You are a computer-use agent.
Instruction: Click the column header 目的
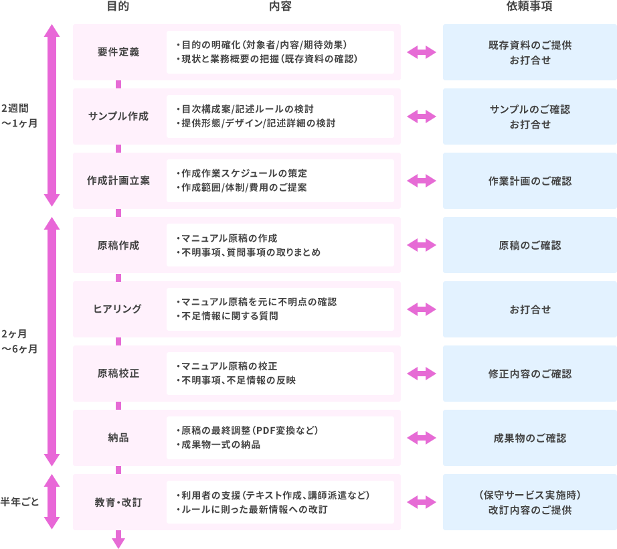[118, 7]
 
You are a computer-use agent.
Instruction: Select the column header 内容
[280, 7]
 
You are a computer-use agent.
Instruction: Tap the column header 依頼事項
[529, 7]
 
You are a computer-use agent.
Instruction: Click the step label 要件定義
[118, 52]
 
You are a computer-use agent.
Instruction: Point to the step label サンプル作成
[118, 116]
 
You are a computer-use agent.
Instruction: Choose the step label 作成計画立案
[118, 181]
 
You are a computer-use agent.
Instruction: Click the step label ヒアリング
[118, 309]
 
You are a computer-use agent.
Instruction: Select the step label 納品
[118, 438]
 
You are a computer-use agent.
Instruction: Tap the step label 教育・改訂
[118, 502]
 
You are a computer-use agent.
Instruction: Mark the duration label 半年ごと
[21, 501]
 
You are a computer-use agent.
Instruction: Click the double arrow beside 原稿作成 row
[422, 245]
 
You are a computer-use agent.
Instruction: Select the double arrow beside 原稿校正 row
[422, 374]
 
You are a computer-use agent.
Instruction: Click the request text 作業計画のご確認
[529, 181]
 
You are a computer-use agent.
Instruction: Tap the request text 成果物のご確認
[529, 438]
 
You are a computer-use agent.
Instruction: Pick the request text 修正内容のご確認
[529, 374]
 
